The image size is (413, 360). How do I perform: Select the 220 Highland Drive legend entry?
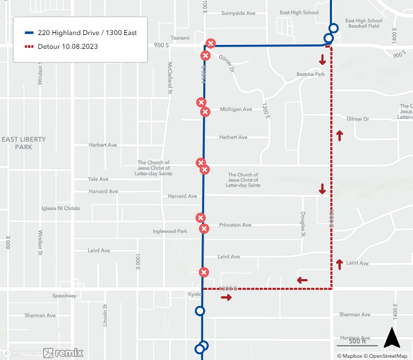[x=87, y=33]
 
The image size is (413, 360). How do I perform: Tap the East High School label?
[x=299, y=13]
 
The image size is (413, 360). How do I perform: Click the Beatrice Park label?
[x=310, y=74]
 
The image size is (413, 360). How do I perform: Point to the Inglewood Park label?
[x=170, y=231]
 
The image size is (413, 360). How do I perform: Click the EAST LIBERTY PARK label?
[x=24, y=143]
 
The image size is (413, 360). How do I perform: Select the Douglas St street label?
[x=303, y=224]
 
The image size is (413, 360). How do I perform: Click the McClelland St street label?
[x=170, y=78]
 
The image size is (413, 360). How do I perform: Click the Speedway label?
[x=64, y=296]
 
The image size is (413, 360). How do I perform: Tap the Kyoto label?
[x=194, y=294]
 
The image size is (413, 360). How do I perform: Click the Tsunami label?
[x=180, y=38]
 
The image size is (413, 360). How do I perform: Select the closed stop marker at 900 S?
[x=211, y=44]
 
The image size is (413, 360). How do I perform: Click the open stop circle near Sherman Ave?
[x=200, y=311]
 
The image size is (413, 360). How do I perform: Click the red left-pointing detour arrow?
[x=302, y=280]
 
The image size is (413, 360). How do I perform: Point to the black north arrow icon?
[x=392, y=338]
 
